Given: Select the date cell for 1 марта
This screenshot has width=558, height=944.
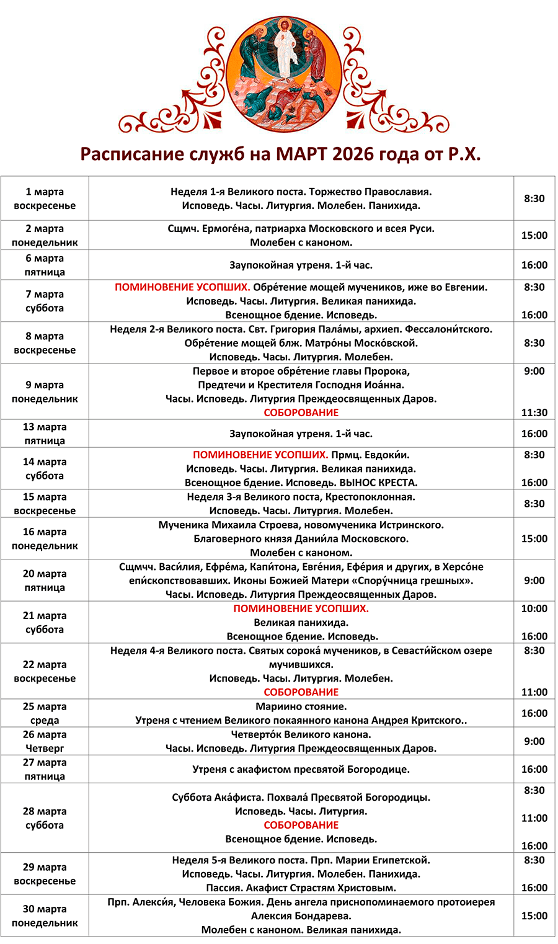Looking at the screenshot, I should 45,198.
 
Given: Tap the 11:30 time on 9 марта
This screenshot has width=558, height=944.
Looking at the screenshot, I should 534,412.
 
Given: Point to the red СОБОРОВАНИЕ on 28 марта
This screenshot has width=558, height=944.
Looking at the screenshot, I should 301,825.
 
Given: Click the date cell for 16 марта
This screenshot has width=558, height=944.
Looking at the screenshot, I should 45,538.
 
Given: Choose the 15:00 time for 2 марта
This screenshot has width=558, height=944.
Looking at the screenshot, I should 534,236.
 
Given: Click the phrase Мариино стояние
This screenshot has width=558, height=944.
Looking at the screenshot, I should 301,706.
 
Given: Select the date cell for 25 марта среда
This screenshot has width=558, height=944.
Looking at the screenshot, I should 45,713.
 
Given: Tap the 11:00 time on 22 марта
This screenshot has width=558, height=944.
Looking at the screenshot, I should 534,692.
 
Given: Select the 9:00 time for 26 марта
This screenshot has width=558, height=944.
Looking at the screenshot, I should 534,741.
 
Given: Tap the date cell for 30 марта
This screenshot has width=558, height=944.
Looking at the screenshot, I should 45,915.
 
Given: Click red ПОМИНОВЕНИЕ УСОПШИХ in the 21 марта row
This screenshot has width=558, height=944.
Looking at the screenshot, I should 301,608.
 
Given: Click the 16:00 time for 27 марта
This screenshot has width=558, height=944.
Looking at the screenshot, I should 534,769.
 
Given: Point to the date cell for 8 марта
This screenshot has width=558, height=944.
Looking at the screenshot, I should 45,343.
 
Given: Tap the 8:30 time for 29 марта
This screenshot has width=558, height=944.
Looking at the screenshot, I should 534,860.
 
